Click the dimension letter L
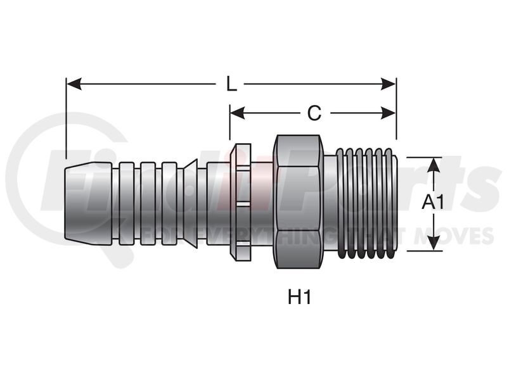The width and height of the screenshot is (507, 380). (x=231, y=84)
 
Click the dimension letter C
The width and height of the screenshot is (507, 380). (x=314, y=113)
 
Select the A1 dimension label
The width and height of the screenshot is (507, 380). (x=433, y=202)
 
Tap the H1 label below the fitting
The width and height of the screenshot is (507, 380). (x=299, y=296)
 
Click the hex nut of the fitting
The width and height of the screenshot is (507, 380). (x=297, y=201)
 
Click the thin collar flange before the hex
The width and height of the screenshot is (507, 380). (x=240, y=201)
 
